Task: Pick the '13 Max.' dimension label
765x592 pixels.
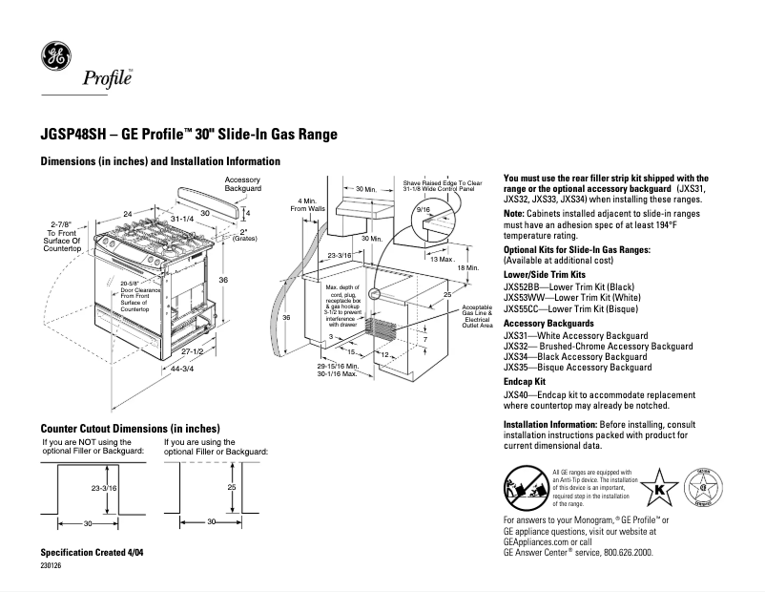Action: pyautogui.click(x=442, y=259)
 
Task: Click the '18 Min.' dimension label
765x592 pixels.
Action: pyautogui.click(x=466, y=268)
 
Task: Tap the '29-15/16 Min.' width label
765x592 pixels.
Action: pyautogui.click(x=339, y=366)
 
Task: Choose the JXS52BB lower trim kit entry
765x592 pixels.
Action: pyautogui.click(x=568, y=285)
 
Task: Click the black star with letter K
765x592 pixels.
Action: pyautogui.click(x=657, y=489)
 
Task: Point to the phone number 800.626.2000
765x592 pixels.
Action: pyautogui.click(x=623, y=552)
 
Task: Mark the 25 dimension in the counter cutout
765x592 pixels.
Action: pyautogui.click(x=232, y=488)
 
